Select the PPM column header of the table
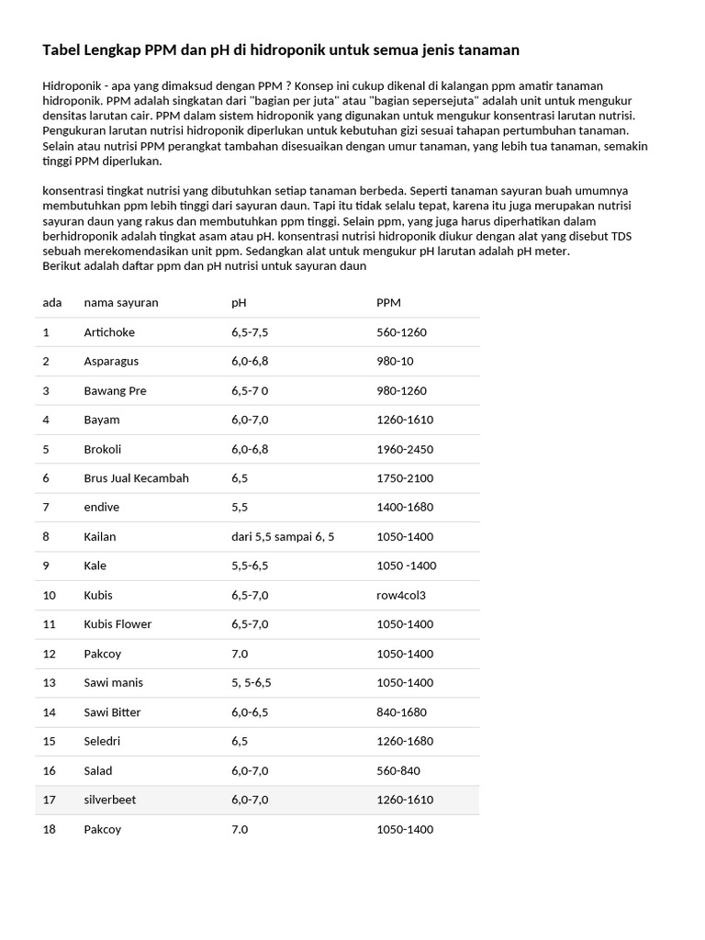388,303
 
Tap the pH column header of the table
239,303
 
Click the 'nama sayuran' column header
121,303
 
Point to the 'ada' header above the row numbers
52,303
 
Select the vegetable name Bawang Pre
115,391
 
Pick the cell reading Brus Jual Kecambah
136,478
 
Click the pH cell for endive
240,508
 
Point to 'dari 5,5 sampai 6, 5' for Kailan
283,537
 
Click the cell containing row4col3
401,595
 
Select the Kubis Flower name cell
117,624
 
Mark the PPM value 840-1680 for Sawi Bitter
401,712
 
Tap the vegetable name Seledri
102,742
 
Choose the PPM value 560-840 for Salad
398,771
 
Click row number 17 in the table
50,800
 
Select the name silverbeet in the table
109,800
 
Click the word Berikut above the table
62,266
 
